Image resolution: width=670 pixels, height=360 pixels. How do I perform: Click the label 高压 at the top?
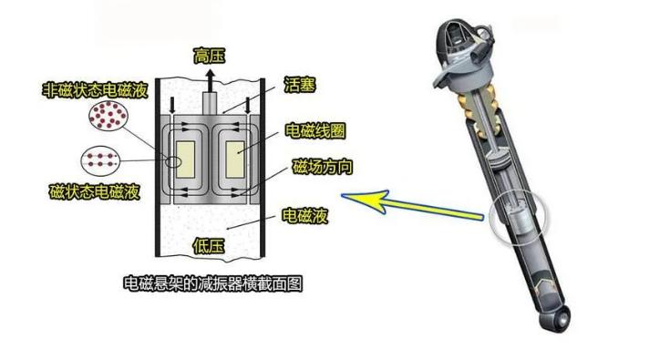(209, 57)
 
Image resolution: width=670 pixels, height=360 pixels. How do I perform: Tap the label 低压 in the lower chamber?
(209, 246)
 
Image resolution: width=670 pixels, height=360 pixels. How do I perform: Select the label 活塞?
(300, 85)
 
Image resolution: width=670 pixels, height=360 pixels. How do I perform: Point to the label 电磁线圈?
(314, 130)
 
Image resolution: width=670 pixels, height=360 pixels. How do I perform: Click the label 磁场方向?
(323, 167)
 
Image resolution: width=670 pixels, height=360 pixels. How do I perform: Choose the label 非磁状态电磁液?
(95, 90)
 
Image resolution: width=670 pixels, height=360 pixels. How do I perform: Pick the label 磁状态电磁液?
(95, 191)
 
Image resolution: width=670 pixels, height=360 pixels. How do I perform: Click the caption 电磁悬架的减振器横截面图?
(213, 283)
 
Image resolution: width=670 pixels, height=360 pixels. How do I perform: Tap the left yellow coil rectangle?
(185, 159)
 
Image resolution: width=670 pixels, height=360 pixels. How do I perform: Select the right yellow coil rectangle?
(235, 159)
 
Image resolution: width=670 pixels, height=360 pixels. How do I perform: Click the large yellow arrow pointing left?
(411, 204)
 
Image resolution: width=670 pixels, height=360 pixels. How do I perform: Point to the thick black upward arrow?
(210, 80)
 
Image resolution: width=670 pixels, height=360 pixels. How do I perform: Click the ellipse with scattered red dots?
(108, 116)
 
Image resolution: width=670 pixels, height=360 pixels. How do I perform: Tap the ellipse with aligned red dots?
(100, 160)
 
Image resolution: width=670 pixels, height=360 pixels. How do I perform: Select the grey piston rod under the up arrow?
(210, 103)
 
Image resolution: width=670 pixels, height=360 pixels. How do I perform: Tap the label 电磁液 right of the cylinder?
(304, 216)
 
